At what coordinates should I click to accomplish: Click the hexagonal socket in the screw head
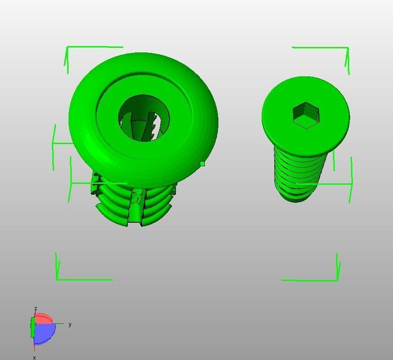pyautogui.click(x=306, y=115)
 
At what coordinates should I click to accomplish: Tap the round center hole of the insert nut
pyautogui.click(x=144, y=118)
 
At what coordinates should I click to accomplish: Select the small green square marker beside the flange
pyautogui.click(x=202, y=164)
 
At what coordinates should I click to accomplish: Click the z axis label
pyautogui.click(x=36, y=309)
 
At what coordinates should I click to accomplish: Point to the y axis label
pyautogui.click(x=70, y=324)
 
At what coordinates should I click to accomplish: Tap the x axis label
pyautogui.click(x=34, y=357)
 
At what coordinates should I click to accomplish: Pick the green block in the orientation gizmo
pyautogui.click(x=32, y=327)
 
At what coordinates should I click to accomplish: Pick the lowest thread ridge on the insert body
pyautogui.click(x=113, y=219)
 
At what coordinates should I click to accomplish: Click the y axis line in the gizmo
pyautogui.click(x=60, y=324)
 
